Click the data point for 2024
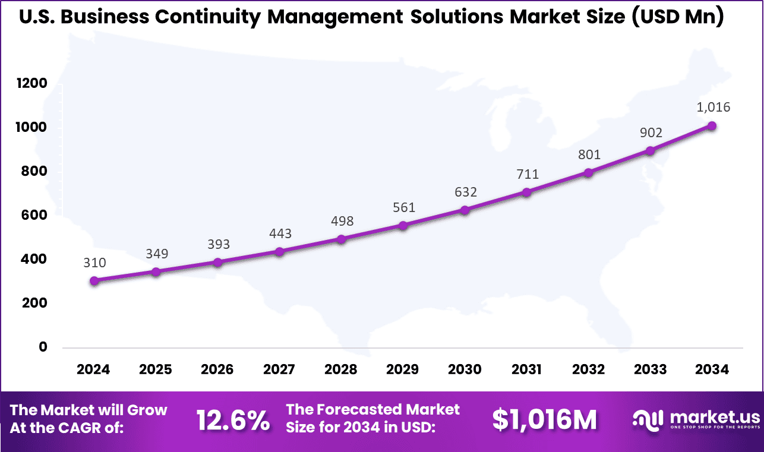coord(94,280)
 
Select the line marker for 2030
coord(465,210)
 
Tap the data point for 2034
coord(712,125)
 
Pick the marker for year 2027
coord(279,251)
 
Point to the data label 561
coord(404,207)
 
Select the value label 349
coord(157,254)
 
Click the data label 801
coord(589,155)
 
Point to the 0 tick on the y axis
coord(43,347)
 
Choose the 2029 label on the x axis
coord(403,369)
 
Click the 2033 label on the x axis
coord(650,369)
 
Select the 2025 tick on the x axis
coord(156,369)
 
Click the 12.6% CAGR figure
coord(233,420)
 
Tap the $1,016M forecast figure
coord(544,420)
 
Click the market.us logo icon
coord(648,419)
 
